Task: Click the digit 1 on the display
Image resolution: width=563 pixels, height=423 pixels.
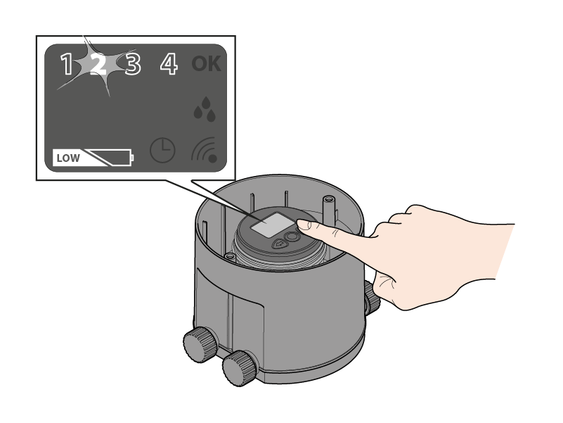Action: [67, 64]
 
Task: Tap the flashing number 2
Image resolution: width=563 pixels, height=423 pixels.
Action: [98, 63]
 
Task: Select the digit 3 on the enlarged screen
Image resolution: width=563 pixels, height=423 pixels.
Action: [133, 64]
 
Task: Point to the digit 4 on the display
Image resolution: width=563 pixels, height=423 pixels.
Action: [169, 64]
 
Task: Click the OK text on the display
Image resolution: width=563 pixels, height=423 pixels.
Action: [206, 63]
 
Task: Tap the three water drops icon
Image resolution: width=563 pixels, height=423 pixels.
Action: [205, 108]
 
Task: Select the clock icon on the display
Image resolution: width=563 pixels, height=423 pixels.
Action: [162, 150]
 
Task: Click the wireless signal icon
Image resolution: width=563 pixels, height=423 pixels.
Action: [205, 150]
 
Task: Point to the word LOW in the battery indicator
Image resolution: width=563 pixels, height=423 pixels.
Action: [68, 158]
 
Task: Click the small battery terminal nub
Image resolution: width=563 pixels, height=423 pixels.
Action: [133, 158]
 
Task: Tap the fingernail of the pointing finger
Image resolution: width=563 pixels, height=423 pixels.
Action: [304, 225]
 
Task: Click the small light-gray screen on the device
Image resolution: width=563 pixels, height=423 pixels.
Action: [268, 225]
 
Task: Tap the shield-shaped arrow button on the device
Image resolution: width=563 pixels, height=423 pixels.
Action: [279, 244]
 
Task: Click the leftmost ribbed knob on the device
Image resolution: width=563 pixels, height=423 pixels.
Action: [200, 344]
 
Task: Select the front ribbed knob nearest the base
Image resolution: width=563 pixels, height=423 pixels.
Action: [240, 368]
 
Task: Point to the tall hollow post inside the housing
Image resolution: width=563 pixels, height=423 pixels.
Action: [328, 208]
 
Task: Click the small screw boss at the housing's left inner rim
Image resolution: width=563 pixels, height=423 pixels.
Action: [230, 256]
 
